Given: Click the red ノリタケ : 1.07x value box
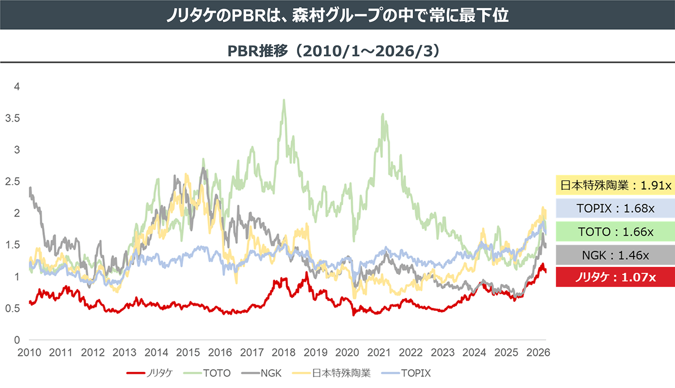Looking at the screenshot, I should [x=615, y=277].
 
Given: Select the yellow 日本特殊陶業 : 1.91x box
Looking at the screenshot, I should [x=615, y=185].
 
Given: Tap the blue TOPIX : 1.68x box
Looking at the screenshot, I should [x=615, y=209].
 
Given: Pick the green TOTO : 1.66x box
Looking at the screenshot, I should [x=615, y=232].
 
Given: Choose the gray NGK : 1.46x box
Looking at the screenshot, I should [x=615, y=255].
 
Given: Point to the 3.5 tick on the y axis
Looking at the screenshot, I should [x=13, y=118].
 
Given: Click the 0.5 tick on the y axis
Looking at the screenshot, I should [x=13, y=308].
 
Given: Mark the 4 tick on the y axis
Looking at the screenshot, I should [x=17, y=87].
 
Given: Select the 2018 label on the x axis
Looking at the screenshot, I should [x=283, y=352].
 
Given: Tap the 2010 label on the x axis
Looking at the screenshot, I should [x=29, y=352].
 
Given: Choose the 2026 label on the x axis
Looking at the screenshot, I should [x=538, y=352].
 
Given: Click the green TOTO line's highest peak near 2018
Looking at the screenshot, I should [x=284, y=100].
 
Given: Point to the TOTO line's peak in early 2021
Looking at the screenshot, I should [x=382, y=114].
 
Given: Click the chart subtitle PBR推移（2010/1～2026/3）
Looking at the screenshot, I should [x=333, y=51].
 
